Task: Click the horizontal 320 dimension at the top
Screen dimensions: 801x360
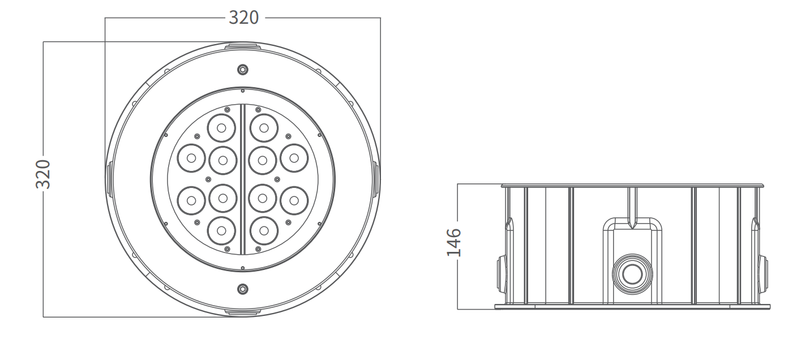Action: click(243, 17)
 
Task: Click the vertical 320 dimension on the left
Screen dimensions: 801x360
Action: click(43, 174)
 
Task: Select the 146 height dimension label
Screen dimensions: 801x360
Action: click(454, 242)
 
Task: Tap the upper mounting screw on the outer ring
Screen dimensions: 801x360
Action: click(243, 70)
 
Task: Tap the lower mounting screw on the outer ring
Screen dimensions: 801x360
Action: click(243, 289)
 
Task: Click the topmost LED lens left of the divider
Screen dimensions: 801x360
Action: click(221, 128)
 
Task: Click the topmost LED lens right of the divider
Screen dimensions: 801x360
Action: click(264, 128)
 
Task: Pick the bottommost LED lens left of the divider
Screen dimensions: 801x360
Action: click(221, 231)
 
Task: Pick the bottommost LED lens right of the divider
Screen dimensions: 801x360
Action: click(264, 231)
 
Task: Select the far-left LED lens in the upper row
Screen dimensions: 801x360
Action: click(191, 158)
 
